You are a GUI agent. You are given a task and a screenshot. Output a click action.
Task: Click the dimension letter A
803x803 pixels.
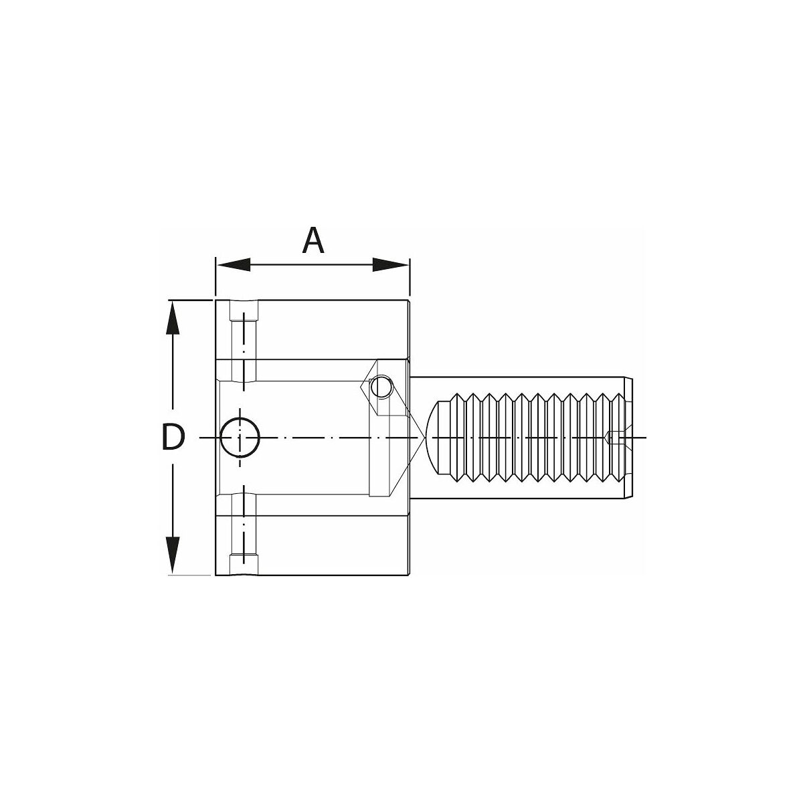coord(313,240)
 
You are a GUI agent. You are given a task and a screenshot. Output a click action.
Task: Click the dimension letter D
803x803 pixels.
coord(172,437)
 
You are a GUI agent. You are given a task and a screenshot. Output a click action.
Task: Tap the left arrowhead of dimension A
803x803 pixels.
coord(234,264)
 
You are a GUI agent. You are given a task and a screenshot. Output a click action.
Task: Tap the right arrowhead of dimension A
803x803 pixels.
coord(390,264)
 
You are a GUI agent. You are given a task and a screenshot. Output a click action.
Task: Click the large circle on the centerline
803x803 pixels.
coord(240,438)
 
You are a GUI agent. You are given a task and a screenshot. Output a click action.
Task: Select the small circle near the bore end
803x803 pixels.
coord(381,387)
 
